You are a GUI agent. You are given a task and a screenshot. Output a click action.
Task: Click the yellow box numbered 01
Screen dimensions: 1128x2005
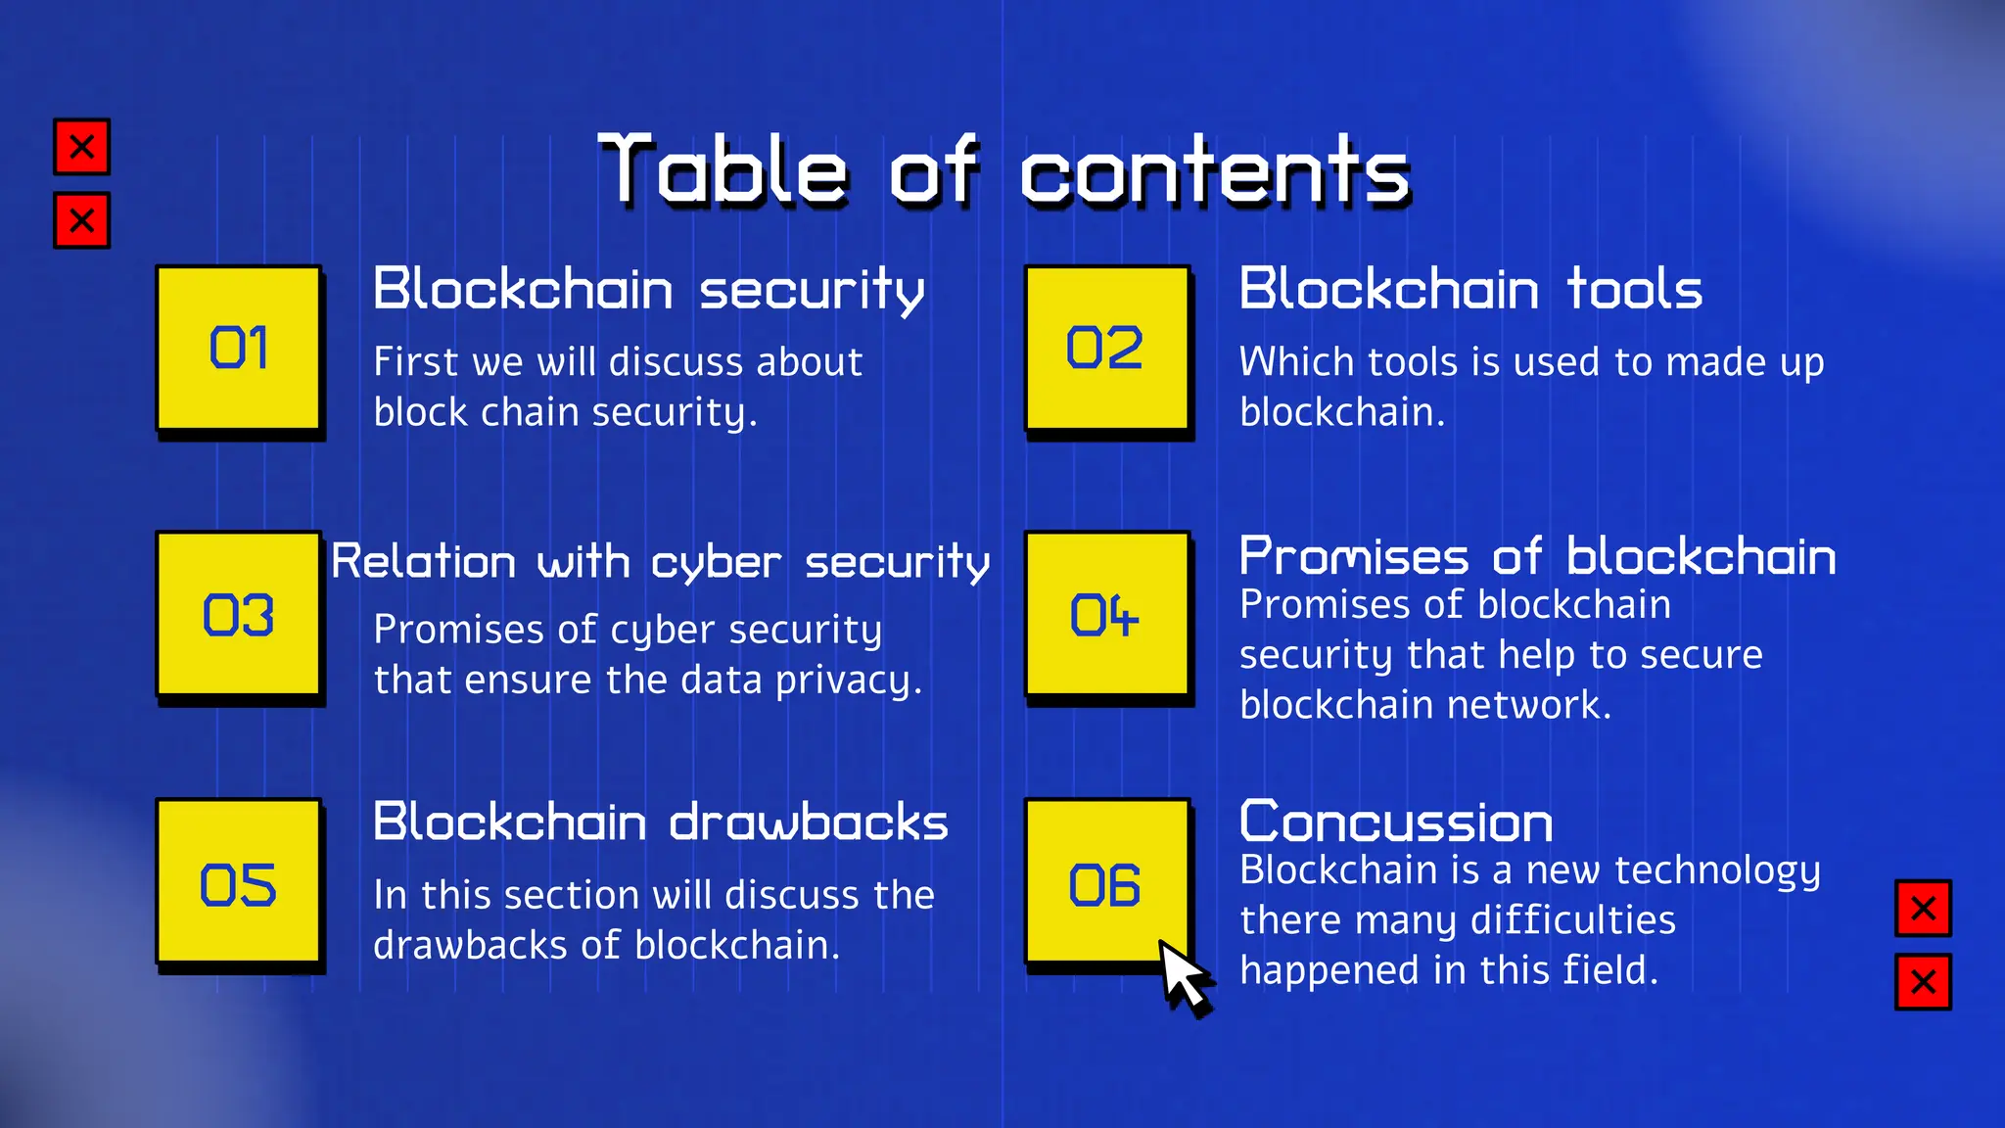[239, 348]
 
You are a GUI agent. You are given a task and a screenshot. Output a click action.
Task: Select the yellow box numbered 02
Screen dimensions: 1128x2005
[1106, 348]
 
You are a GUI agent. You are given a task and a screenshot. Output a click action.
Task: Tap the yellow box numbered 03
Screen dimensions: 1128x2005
[239, 614]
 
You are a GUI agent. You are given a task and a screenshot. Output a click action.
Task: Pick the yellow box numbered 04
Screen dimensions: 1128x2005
[1106, 614]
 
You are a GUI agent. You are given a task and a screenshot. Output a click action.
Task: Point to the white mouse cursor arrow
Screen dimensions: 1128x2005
[1183, 976]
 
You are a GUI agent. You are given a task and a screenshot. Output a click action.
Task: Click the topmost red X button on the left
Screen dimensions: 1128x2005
[82, 147]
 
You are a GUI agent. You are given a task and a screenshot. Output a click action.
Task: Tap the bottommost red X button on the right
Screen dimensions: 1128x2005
[1923, 981]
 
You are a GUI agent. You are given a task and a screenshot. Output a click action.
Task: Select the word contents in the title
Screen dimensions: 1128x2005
[1214, 171]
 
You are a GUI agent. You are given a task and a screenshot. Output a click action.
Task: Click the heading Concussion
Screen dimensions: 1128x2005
[1395, 822]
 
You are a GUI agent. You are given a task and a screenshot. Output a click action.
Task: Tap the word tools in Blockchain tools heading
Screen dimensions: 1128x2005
[1634, 290]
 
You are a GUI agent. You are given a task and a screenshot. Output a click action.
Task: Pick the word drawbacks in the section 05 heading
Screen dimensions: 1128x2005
[809, 822]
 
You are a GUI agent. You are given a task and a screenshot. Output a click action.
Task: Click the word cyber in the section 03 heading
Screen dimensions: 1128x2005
[716, 563]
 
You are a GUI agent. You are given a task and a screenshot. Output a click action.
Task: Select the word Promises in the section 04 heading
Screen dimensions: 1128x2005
[1354, 556]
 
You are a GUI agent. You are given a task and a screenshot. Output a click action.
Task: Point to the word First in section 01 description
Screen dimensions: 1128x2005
[415, 362]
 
